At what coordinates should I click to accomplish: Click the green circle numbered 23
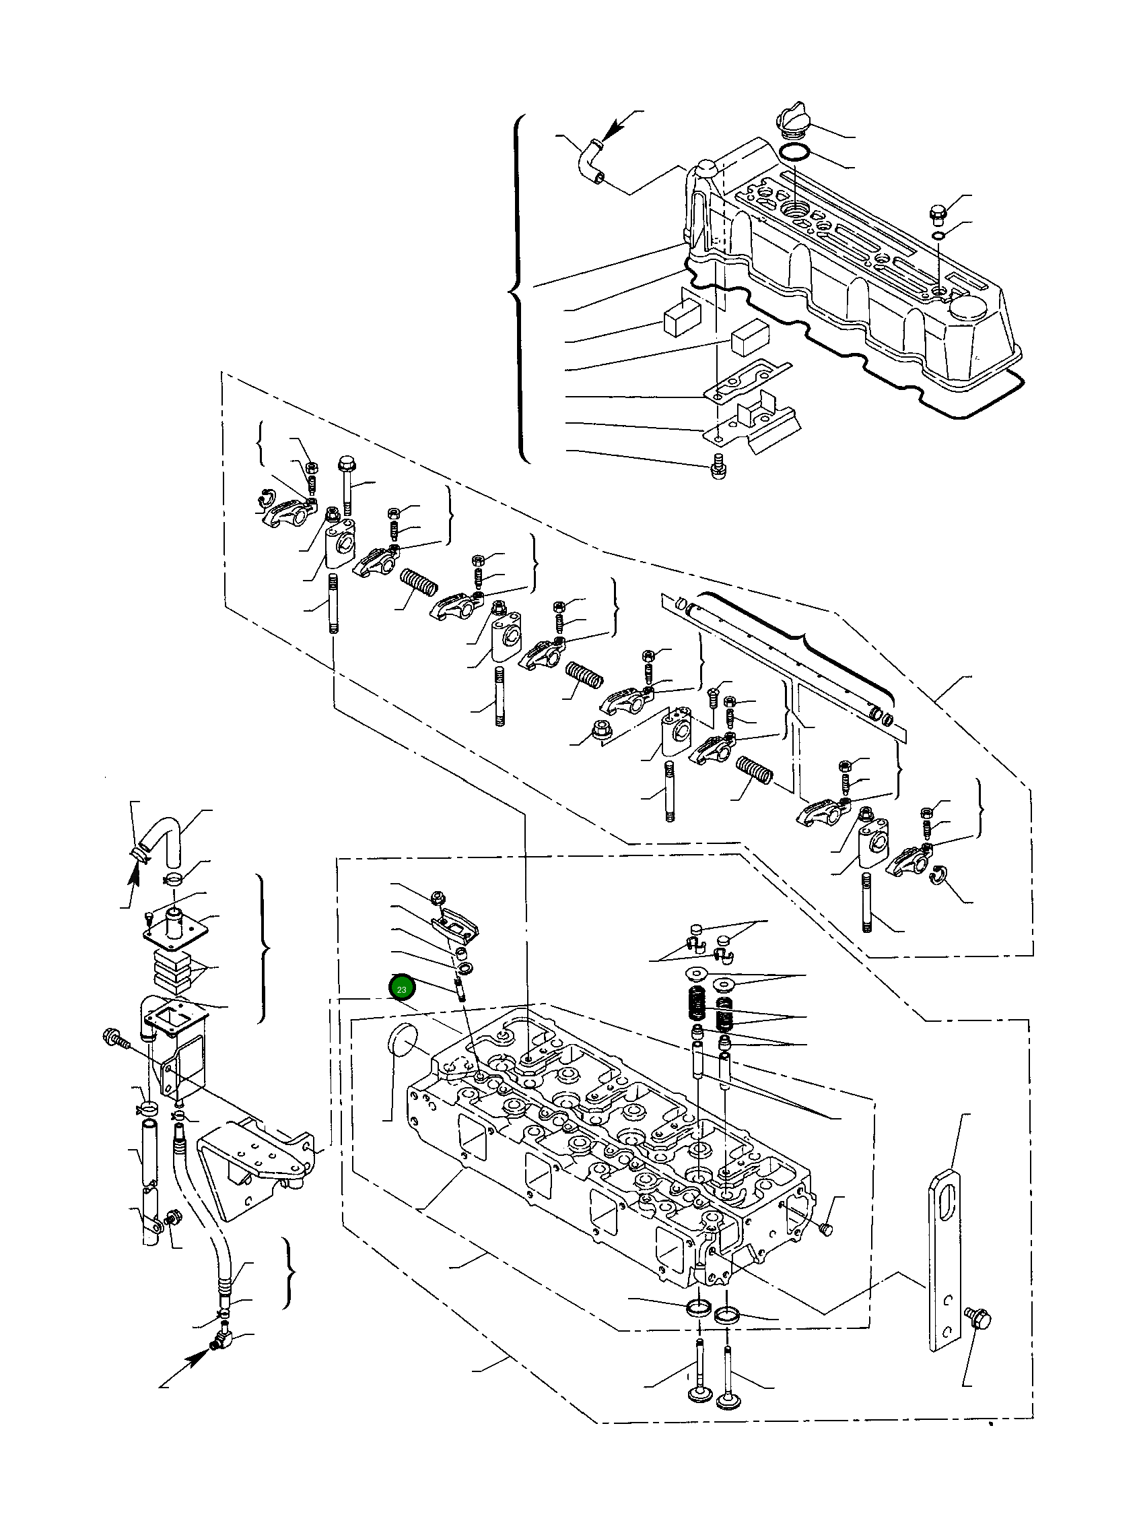(401, 989)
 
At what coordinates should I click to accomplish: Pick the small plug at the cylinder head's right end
(827, 1229)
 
